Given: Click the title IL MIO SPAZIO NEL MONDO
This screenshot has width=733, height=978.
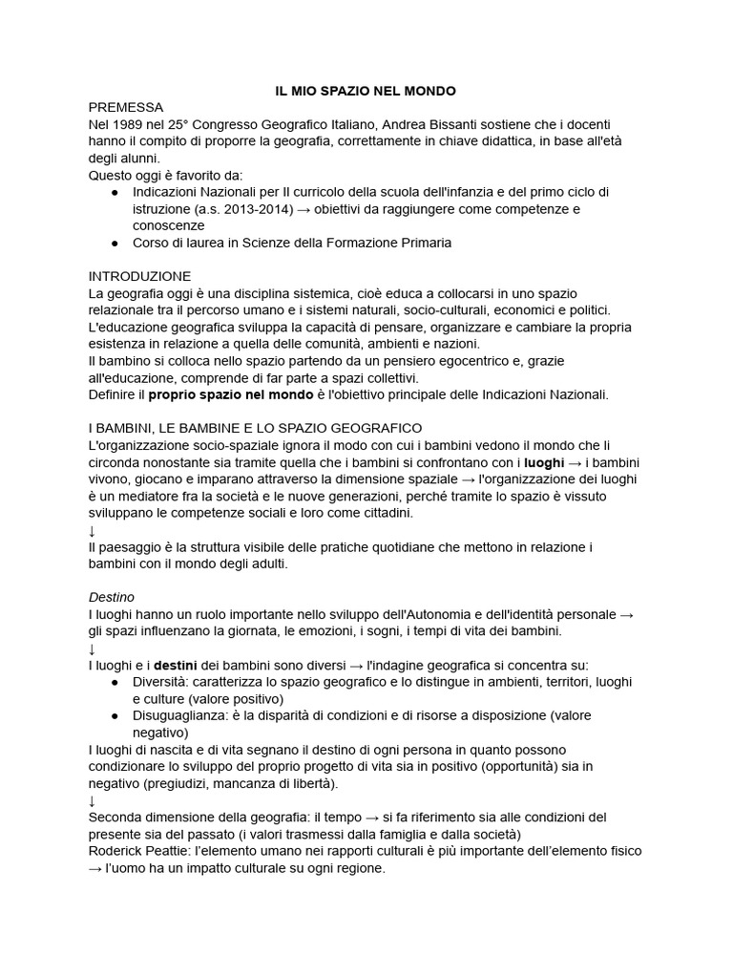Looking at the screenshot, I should tap(366, 91).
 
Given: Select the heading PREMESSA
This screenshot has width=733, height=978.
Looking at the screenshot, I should tap(126, 107).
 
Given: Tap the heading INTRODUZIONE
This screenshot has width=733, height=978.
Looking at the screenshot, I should tap(139, 276).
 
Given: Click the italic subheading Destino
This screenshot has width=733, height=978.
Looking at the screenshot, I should tap(112, 596).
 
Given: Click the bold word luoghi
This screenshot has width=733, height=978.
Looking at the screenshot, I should tap(545, 461).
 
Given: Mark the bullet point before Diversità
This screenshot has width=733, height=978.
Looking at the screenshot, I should tap(115, 682).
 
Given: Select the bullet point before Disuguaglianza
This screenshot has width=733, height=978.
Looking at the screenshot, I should tap(115, 715).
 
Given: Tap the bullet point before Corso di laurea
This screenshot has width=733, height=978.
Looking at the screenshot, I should tap(115, 243).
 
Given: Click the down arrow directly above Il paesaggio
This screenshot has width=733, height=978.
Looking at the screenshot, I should tap(93, 530).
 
